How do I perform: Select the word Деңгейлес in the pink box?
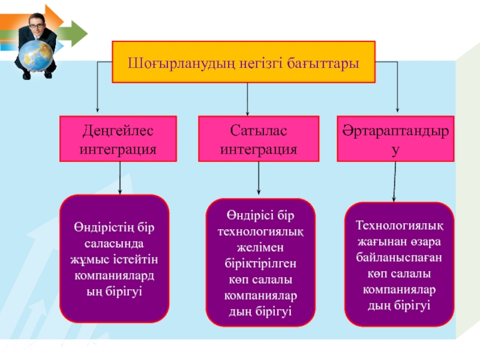point(118,131)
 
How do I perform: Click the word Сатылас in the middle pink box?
point(259,131)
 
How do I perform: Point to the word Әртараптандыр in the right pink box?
point(395,131)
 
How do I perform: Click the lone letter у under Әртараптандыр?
point(395,151)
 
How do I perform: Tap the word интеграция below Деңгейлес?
point(118,149)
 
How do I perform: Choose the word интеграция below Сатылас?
point(259,149)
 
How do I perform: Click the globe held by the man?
point(36,56)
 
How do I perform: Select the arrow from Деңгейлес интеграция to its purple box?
point(120,178)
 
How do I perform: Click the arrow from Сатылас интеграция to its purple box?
point(259,178)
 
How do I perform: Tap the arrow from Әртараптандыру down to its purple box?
point(395,182)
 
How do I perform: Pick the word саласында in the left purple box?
point(114,244)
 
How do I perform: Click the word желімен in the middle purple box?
point(260,247)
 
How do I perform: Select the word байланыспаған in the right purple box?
point(399,257)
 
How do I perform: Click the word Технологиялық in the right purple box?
point(399,226)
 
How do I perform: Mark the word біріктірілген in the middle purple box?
point(260,263)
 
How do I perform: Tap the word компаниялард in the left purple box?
point(114,275)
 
